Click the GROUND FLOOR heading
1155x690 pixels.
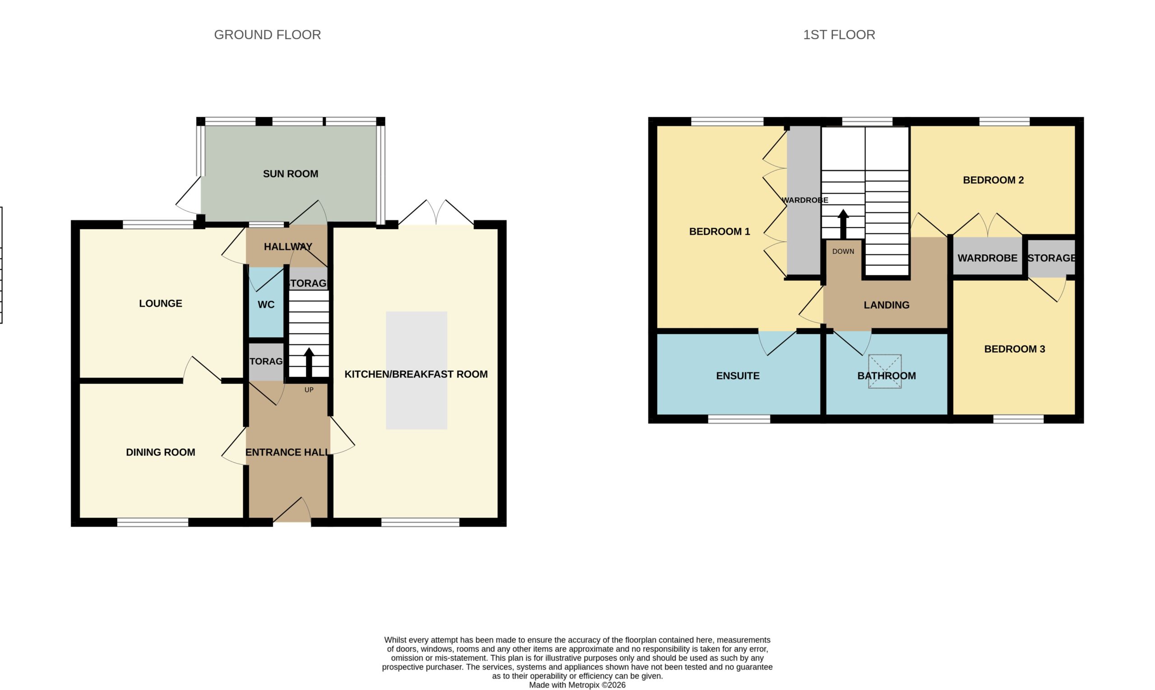point(268,35)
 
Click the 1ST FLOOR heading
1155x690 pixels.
point(839,35)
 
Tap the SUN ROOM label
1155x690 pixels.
point(291,174)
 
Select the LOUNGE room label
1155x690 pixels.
point(161,304)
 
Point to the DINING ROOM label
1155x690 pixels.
point(161,452)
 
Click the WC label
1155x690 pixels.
point(266,304)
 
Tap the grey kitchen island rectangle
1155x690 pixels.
point(416,370)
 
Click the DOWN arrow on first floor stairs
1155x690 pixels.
point(843,225)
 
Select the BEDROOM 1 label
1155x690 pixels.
point(720,231)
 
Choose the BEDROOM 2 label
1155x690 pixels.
point(993,180)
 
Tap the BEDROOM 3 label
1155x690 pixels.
point(1015,349)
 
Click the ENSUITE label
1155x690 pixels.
point(738,376)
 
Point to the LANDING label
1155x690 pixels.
point(887,305)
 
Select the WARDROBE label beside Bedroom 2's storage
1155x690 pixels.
point(988,258)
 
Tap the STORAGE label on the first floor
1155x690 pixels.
point(1051,258)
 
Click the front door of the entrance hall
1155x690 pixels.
point(292,510)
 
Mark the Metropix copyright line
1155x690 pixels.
point(577,685)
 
